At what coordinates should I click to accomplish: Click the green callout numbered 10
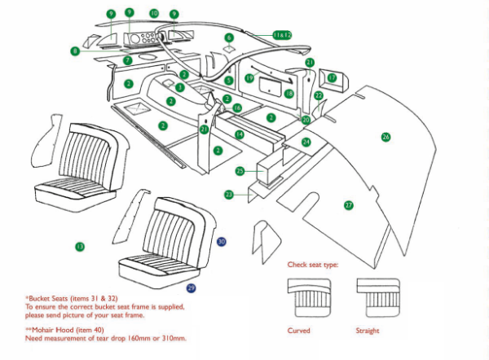click(154, 14)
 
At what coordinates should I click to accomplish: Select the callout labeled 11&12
click(282, 35)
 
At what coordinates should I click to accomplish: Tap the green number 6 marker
click(229, 37)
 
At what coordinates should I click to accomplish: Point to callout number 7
click(127, 60)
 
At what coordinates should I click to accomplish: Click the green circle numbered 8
click(75, 50)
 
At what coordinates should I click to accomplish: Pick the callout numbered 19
click(249, 78)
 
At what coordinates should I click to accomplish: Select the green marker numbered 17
click(332, 77)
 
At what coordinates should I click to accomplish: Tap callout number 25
click(240, 171)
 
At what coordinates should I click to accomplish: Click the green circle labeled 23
click(229, 195)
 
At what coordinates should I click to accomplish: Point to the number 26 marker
click(386, 137)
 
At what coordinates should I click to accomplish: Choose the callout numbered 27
click(349, 205)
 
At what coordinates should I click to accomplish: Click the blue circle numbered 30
click(222, 242)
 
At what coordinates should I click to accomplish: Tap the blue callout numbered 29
click(192, 288)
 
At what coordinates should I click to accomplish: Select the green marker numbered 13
click(79, 246)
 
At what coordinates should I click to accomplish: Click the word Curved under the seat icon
click(299, 331)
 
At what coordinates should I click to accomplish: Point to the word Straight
click(368, 331)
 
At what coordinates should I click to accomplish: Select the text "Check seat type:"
click(312, 265)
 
